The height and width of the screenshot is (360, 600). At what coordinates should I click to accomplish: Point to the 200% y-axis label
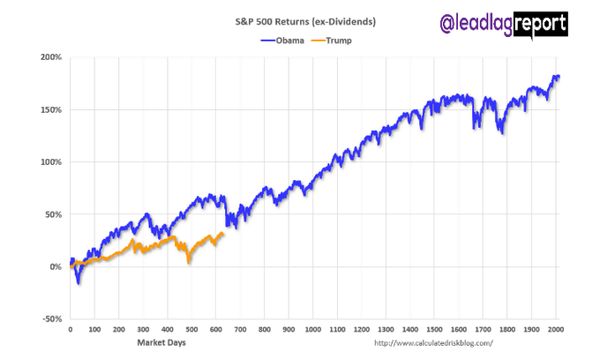pyautogui.click(x=50, y=57)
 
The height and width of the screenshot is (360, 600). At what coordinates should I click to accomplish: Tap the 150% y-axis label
pyautogui.click(x=50, y=110)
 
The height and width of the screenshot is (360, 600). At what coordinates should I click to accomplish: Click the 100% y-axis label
pyautogui.click(x=50, y=162)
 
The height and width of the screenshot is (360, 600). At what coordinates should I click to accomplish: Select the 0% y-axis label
pyautogui.click(x=55, y=266)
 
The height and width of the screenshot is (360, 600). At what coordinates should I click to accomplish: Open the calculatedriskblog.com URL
pyautogui.click(x=433, y=342)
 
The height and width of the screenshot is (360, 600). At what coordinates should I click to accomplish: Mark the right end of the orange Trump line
pyautogui.click(x=223, y=233)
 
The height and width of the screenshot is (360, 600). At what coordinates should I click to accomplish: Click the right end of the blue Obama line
pyautogui.click(x=559, y=77)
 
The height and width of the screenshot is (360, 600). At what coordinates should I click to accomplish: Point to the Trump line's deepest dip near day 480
pyautogui.click(x=187, y=262)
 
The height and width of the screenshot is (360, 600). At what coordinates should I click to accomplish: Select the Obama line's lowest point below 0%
pyautogui.click(x=78, y=282)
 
